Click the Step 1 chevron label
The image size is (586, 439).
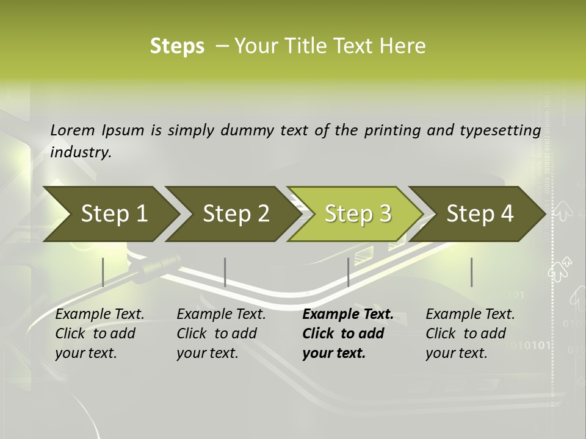[114, 213]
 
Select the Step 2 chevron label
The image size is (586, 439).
[236, 213]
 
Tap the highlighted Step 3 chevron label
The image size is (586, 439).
[358, 213]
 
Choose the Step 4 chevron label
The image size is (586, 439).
[480, 213]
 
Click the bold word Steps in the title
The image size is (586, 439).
[177, 46]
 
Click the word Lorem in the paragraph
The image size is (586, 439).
[73, 130]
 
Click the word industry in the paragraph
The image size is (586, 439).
[81, 152]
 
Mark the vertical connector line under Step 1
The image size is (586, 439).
[103, 272]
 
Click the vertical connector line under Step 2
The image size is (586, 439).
[225, 272]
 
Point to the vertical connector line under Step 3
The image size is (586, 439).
[348, 272]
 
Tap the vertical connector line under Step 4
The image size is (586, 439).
[471, 272]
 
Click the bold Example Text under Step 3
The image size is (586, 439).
[348, 315]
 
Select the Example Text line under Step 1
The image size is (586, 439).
[99, 315]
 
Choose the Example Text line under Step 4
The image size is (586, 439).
[470, 315]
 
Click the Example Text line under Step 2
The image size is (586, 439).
[221, 315]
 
